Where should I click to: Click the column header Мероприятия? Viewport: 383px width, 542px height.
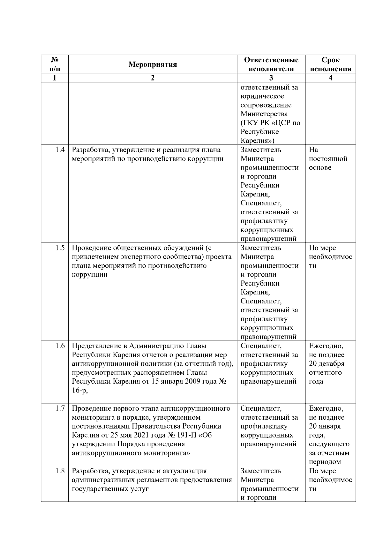point(153,65)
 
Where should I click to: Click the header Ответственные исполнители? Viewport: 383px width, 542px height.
point(271,65)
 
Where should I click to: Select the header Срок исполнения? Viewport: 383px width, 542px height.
point(330,65)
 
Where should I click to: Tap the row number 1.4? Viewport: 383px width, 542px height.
point(60,150)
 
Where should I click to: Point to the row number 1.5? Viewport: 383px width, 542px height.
point(60,248)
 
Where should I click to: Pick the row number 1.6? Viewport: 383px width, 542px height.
point(60,346)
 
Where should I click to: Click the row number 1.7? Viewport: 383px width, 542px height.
point(60,408)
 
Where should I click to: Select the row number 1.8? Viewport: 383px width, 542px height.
point(60,471)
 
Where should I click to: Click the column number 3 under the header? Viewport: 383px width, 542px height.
point(271,78)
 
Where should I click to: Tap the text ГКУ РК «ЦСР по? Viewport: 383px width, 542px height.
point(270,123)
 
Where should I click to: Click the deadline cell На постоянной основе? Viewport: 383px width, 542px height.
point(328,159)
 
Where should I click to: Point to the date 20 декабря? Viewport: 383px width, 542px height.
point(327,364)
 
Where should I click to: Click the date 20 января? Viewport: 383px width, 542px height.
point(325,426)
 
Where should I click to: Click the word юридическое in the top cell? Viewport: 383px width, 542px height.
point(262,96)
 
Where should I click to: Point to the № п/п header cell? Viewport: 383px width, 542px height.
point(55,65)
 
